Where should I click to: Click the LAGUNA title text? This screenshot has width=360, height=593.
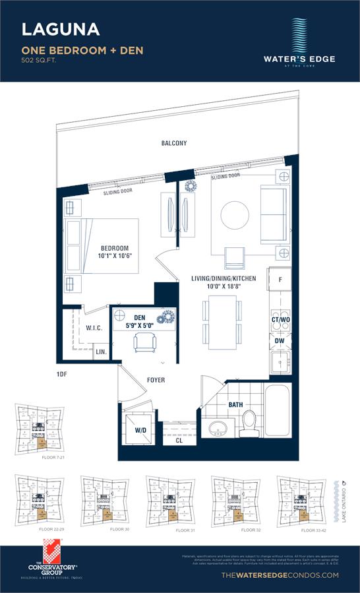click(61, 29)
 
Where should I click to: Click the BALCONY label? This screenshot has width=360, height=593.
click(174, 143)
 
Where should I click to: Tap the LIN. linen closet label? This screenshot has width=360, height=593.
click(101, 353)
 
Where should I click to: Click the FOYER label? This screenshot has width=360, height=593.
click(156, 380)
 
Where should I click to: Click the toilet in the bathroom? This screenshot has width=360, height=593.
click(249, 421)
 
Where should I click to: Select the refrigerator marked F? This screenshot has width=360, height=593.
click(280, 280)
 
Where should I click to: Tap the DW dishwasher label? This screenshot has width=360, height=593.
click(280, 341)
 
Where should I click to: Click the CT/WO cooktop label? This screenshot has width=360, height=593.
click(280, 320)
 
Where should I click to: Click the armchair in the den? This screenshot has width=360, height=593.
click(145, 341)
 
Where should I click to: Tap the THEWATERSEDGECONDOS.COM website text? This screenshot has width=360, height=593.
click(281, 576)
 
